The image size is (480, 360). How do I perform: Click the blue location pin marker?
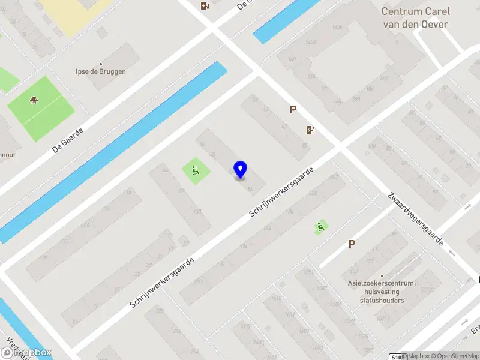coord(241,169)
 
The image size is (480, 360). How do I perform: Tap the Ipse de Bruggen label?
coord(100,71)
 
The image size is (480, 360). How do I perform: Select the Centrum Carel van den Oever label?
coord(415,18)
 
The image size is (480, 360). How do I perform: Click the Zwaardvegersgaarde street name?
coord(415,220)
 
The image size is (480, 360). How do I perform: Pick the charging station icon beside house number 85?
coord(310,130)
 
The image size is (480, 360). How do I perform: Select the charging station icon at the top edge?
coord(205,6)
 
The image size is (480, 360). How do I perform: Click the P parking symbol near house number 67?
coord(293,110)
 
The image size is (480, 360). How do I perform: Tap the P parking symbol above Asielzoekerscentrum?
coord(352,244)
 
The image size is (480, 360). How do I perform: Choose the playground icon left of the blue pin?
coord(196,172)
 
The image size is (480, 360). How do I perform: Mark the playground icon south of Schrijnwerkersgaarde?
coord(321,227)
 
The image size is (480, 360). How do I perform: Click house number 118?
coord(127,193)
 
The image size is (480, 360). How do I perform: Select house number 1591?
coord(307,272)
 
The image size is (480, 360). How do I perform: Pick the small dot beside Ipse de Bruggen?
coord(100,64)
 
